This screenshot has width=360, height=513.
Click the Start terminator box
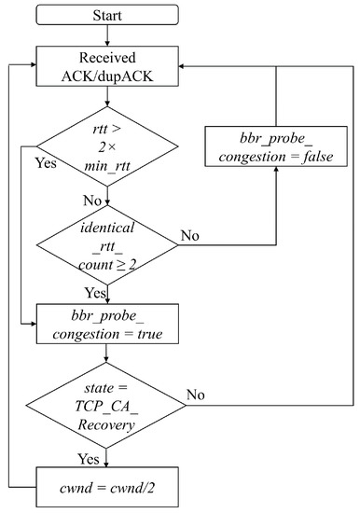pyautogui.click(x=107, y=17)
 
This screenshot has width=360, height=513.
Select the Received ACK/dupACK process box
pyautogui.click(x=107, y=65)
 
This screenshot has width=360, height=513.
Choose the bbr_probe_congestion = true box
pyautogui.click(x=107, y=324)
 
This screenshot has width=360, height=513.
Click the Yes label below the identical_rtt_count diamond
pyautogui.click(x=93, y=291)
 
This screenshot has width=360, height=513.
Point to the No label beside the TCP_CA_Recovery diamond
pyautogui.click(x=193, y=395)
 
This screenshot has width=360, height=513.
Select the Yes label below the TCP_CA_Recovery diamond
pyautogui.click(x=91, y=458)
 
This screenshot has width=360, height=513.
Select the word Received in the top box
pyautogui.click(x=107, y=58)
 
